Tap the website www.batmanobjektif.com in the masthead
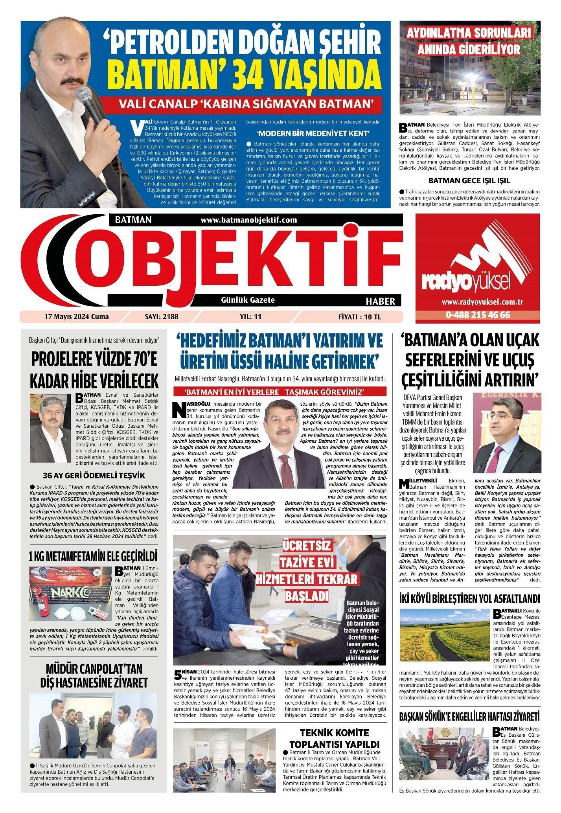point(248,220)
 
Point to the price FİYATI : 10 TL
point(359,316)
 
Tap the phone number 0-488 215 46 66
point(478,315)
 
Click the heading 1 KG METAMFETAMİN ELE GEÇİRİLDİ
point(93,556)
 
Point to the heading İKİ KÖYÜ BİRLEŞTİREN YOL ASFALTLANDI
point(469,598)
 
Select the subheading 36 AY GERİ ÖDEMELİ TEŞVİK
point(94,475)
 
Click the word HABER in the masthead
point(380,301)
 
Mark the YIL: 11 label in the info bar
point(250,316)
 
